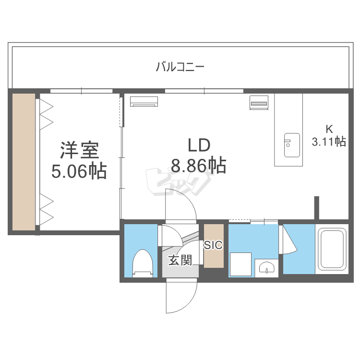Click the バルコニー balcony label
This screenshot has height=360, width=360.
coord(180,66)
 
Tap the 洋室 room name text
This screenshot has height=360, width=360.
coord(79,151)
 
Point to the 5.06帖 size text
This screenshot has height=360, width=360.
coord(79,171)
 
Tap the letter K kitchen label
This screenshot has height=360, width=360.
coord(329,129)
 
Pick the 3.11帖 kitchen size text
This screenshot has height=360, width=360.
coord(329,142)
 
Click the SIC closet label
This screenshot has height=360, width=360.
coord(213,245)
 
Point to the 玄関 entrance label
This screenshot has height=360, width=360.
coord(180,260)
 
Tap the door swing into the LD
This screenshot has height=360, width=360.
coord(181,204)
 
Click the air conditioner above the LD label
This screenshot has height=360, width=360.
coord(144,101)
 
